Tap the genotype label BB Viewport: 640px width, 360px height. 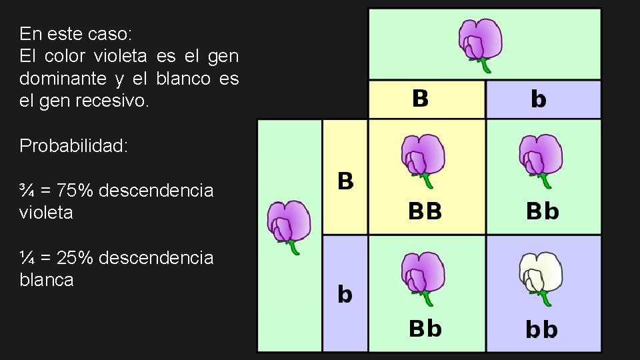tap(425, 212)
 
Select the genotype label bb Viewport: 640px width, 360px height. tap(541, 329)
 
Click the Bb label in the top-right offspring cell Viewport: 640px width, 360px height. tap(542, 212)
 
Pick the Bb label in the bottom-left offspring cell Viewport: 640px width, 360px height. tap(425, 329)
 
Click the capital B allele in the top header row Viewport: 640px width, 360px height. tap(420, 99)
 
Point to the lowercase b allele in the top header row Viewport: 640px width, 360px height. tap(539, 99)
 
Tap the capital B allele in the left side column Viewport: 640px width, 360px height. tap(345, 180)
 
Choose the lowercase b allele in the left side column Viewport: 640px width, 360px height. tap(345, 294)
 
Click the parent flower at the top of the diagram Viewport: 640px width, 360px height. tap(480, 42)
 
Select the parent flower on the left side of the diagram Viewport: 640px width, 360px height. tap(289, 225)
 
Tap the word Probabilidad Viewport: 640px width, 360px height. tap(73, 145)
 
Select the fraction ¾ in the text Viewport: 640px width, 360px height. tap(27, 191)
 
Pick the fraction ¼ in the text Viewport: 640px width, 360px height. tap(27, 257)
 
